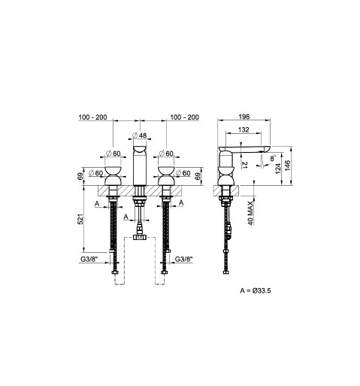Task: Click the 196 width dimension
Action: pyautogui.click(x=244, y=117)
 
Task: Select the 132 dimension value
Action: pyautogui.click(x=244, y=129)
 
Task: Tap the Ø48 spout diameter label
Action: pyautogui.click(x=139, y=135)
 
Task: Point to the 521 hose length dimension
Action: pyautogui.click(x=80, y=219)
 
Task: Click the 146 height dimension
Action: pyautogui.click(x=287, y=166)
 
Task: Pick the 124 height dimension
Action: pyautogui.click(x=278, y=169)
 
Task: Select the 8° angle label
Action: pyautogui.click(x=272, y=158)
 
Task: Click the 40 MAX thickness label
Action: pyautogui.click(x=251, y=213)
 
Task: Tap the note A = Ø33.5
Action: pyautogui.click(x=256, y=290)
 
